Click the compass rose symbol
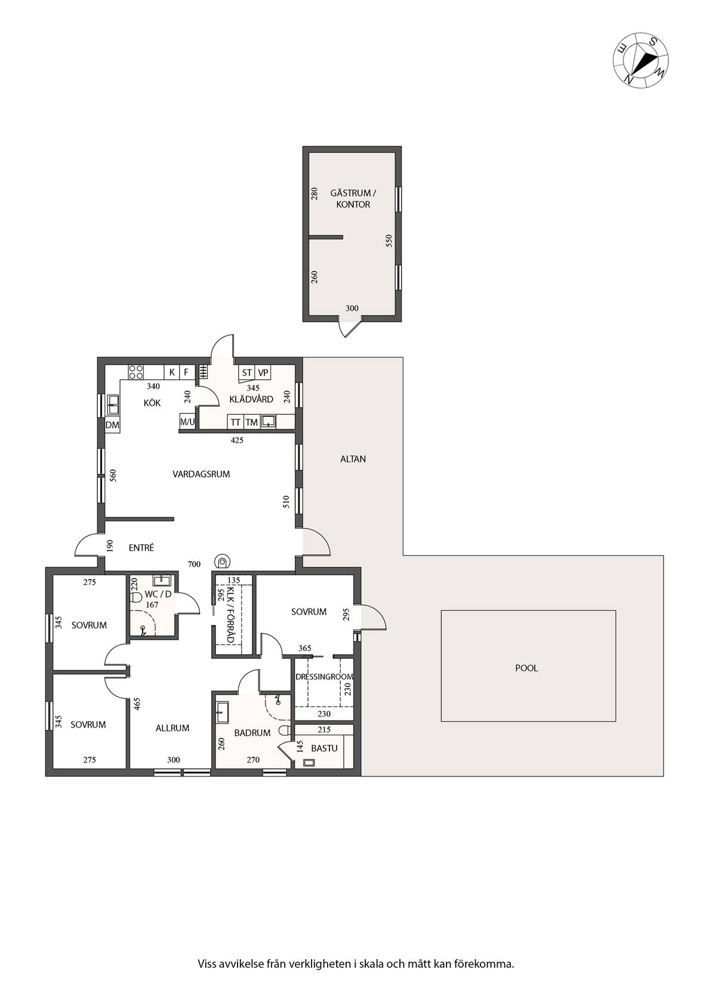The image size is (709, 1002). (640, 60)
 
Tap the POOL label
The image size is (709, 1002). (526, 668)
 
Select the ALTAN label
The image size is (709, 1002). (353, 459)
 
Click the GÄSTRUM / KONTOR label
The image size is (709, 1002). (353, 199)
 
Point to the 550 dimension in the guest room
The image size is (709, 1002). (389, 241)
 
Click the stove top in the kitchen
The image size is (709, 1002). (136, 372)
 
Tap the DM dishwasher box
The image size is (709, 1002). (112, 425)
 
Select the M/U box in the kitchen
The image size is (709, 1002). (187, 421)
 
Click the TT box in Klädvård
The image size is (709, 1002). (235, 422)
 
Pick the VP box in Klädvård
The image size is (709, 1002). (263, 372)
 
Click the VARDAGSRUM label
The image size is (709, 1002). (202, 474)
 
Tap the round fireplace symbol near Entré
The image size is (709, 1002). (223, 560)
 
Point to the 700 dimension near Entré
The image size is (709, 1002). (194, 564)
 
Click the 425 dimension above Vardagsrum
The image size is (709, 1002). (237, 440)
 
